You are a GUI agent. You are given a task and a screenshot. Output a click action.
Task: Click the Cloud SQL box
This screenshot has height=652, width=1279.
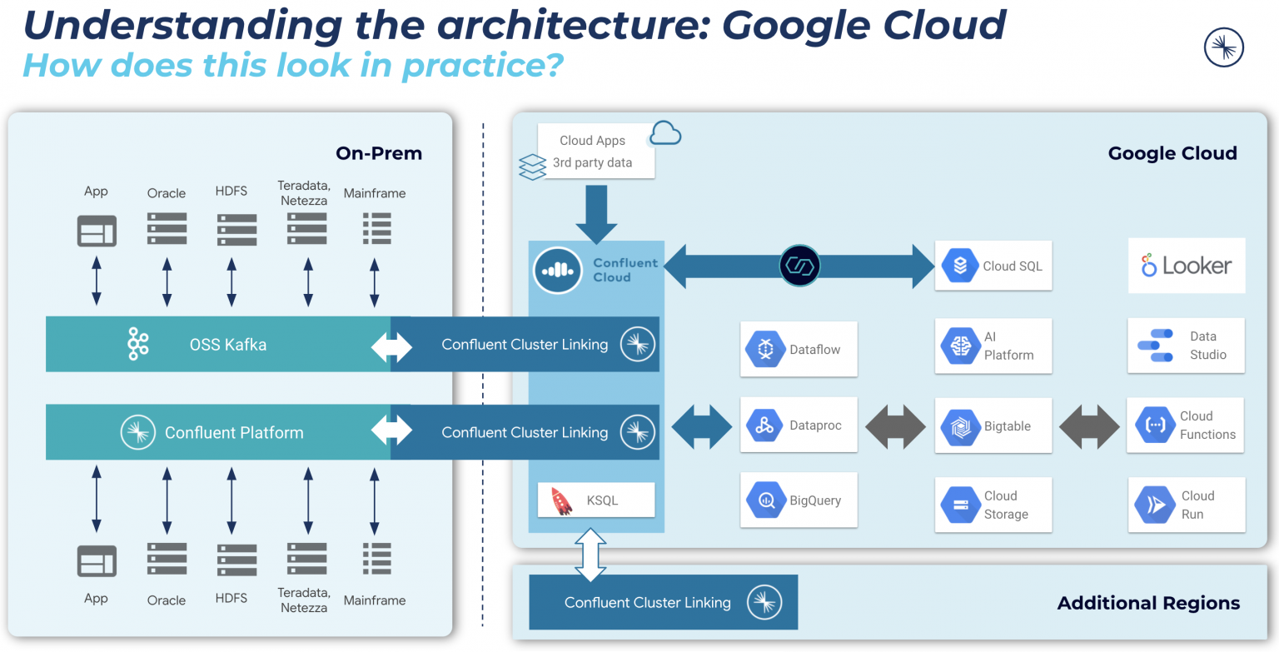click(x=993, y=266)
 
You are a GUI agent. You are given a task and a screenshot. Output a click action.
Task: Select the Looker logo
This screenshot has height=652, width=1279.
click(x=1187, y=266)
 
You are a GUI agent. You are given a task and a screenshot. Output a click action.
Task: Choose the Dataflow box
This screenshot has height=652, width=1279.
click(x=799, y=350)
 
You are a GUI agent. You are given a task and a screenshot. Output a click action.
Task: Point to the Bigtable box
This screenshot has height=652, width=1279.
click(x=993, y=426)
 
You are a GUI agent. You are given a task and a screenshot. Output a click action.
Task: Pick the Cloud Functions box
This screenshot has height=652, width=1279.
click(x=1185, y=426)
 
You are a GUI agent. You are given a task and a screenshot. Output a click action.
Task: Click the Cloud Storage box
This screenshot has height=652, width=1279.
click(x=993, y=505)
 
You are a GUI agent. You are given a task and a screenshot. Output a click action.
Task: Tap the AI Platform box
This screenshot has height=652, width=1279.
click(x=993, y=346)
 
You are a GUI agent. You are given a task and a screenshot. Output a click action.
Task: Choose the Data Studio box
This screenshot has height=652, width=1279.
click(x=1186, y=346)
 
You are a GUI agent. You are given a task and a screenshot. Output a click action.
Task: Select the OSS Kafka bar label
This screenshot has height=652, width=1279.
click(x=227, y=344)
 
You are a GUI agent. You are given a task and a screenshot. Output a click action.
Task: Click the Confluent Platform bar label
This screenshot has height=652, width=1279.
click(x=233, y=432)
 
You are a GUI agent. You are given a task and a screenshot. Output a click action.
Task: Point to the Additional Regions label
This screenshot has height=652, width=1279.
click(x=1148, y=603)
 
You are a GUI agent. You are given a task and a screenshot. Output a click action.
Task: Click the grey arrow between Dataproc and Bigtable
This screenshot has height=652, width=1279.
click(x=896, y=426)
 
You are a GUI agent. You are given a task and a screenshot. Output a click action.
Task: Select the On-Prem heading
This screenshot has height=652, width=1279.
click(x=379, y=153)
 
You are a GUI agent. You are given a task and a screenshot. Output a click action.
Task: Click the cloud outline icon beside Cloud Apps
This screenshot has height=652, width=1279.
click(x=665, y=133)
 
